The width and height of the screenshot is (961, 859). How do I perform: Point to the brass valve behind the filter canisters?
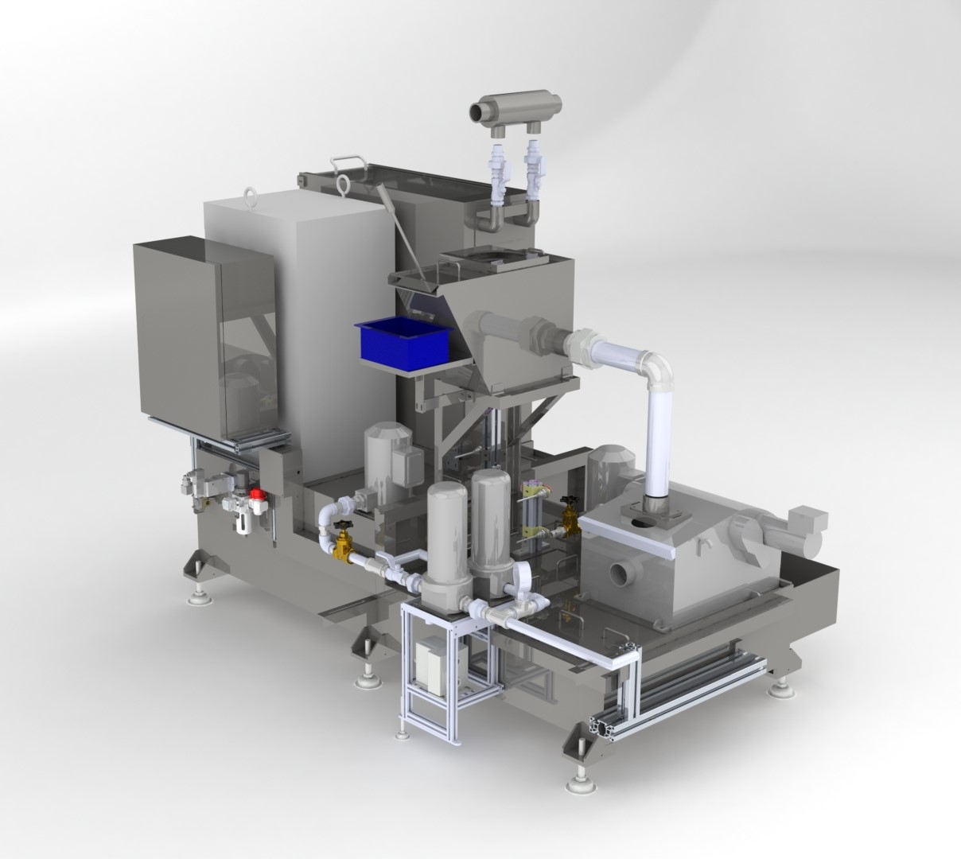[570, 518]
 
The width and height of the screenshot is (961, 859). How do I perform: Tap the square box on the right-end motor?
[810, 525]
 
